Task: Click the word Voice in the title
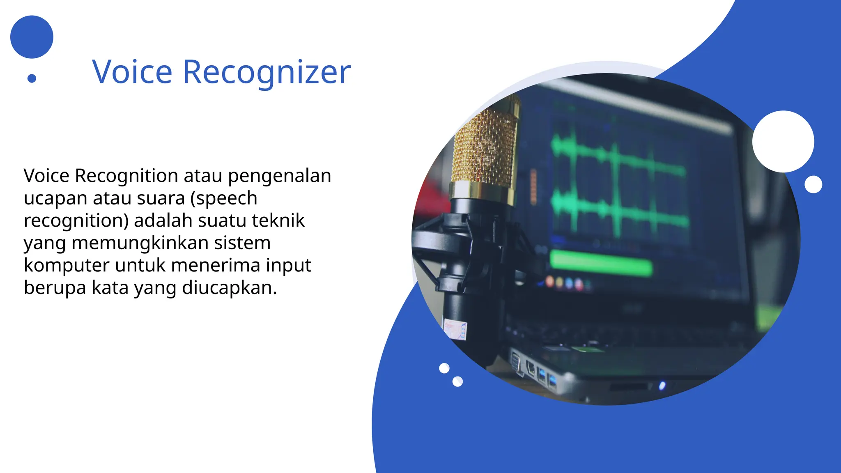[132, 72]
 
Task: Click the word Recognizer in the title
[267, 73]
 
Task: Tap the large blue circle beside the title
[32, 37]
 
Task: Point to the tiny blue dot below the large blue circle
[32, 78]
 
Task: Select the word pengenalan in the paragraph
[279, 176]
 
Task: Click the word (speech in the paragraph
[224, 198]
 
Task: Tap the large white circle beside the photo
[783, 141]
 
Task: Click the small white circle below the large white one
[813, 184]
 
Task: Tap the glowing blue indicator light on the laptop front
[662, 386]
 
